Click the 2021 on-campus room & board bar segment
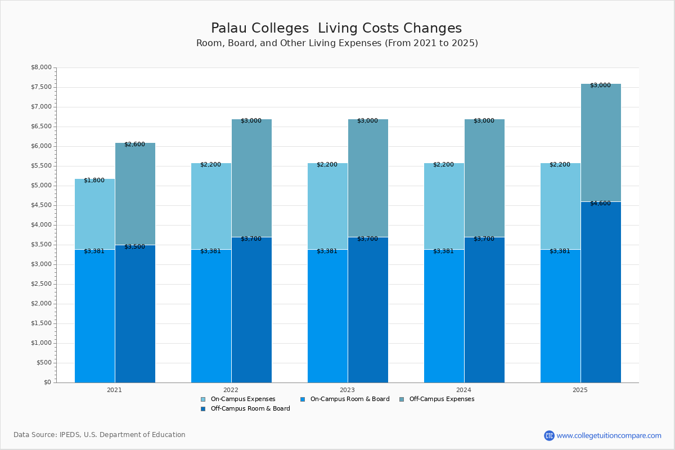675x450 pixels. pyautogui.click(x=94, y=316)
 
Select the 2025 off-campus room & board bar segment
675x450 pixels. pyautogui.click(x=601, y=292)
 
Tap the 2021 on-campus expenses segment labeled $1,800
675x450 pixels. pyautogui.click(x=94, y=214)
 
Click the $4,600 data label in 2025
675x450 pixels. pyautogui.click(x=600, y=204)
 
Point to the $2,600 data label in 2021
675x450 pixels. pyautogui.click(x=134, y=145)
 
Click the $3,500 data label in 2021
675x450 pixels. pyautogui.click(x=134, y=247)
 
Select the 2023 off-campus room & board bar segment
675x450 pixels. pyautogui.click(x=368, y=309)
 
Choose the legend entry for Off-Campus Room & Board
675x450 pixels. pyautogui.click(x=250, y=409)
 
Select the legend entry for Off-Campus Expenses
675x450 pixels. pyautogui.click(x=441, y=399)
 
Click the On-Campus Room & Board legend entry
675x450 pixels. pyautogui.click(x=349, y=399)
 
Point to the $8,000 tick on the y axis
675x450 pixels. pyautogui.click(x=40, y=67)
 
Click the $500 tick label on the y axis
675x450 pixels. pyautogui.click(x=43, y=363)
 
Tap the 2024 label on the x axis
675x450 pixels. pyautogui.click(x=464, y=390)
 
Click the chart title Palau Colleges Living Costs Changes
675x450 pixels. pyautogui.click(x=336, y=29)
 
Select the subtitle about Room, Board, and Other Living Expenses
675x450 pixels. pyautogui.click(x=337, y=43)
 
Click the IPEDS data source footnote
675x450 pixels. pyautogui.click(x=100, y=435)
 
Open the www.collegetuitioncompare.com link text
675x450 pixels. pyautogui.click(x=609, y=435)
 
